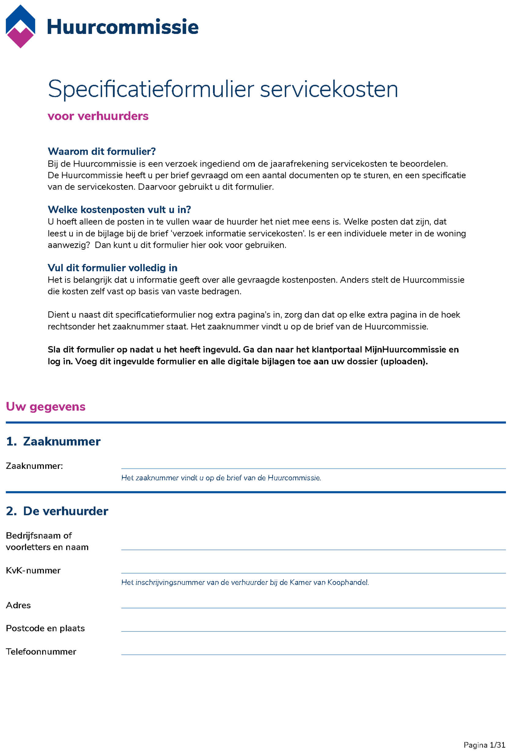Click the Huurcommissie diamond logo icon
[x=20, y=27]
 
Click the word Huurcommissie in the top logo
[x=123, y=27]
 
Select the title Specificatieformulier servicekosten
[x=223, y=89]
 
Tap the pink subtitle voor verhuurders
[x=98, y=116]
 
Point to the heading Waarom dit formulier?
[x=101, y=152]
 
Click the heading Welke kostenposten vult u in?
[x=119, y=210]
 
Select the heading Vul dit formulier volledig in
[x=112, y=268]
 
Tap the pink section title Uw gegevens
[x=46, y=407]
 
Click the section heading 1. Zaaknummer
[x=53, y=441]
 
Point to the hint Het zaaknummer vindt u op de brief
[x=221, y=478]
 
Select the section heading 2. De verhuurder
[x=57, y=511]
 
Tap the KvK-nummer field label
[x=33, y=570]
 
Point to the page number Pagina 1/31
[x=484, y=745]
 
